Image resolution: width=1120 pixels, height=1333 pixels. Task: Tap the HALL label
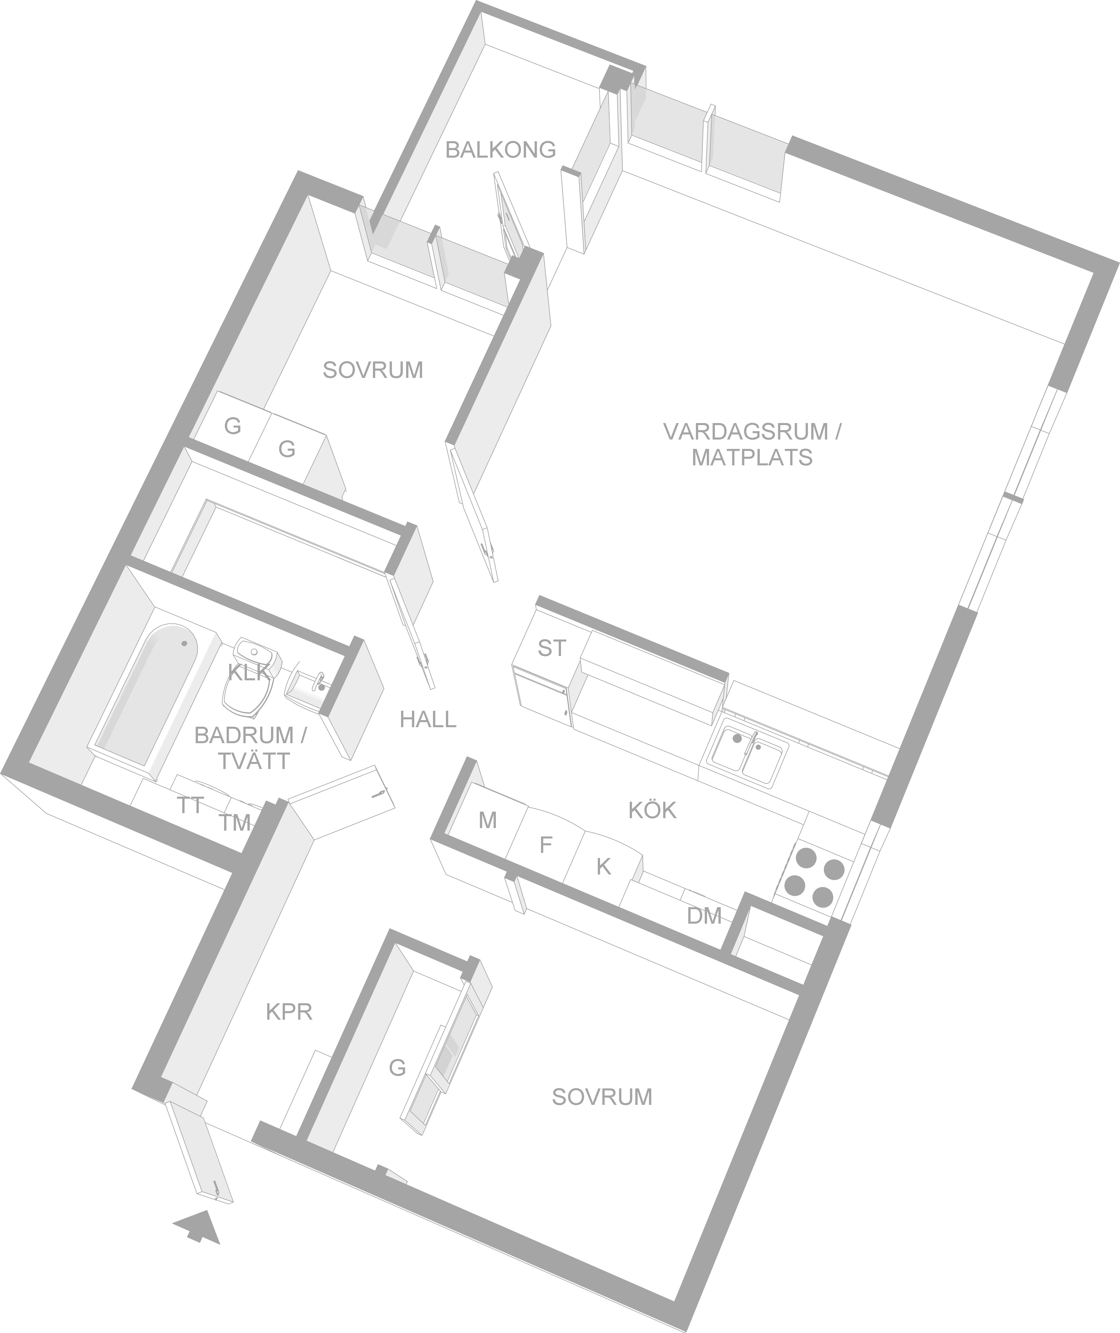pos(428,719)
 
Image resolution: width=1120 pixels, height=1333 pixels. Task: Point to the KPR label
pos(289,1012)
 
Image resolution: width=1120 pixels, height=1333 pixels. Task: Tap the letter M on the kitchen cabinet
pos(487,820)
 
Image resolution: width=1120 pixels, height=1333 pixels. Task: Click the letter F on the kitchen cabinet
pos(545,845)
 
